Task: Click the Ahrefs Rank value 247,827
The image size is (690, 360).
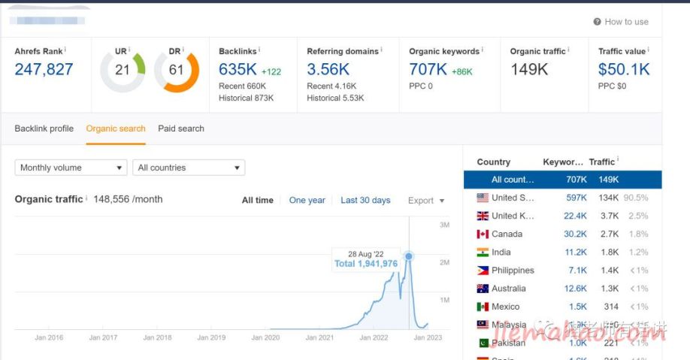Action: tap(44, 70)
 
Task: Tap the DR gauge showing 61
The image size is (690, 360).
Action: tap(176, 71)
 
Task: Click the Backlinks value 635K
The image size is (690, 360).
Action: tap(238, 70)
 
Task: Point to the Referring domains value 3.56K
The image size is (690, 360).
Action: tap(328, 70)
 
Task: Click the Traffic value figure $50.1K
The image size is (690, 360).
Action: tap(624, 70)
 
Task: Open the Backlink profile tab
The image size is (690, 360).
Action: tap(44, 129)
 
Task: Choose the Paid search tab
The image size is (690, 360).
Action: tap(181, 129)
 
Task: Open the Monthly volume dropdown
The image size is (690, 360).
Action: tap(71, 168)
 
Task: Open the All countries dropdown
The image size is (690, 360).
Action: tap(189, 168)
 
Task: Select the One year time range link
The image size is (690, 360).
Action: tap(307, 201)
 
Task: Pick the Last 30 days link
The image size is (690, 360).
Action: tap(365, 201)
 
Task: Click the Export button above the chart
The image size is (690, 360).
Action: tap(425, 201)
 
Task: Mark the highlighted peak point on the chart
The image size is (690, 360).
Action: tap(409, 256)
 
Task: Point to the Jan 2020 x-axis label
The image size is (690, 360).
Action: tap(265, 338)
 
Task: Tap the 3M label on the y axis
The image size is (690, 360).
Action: tap(444, 225)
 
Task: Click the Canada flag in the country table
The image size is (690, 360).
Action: tap(483, 234)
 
